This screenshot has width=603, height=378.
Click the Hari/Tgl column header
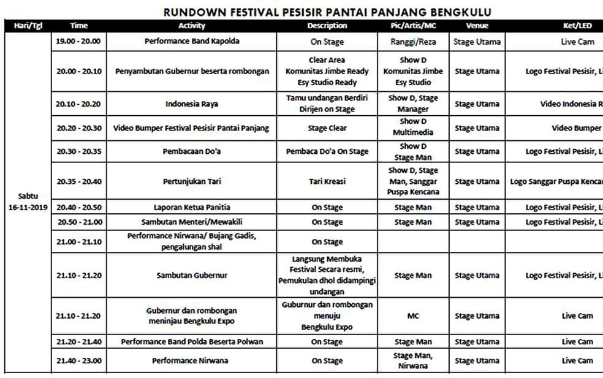pos(26,26)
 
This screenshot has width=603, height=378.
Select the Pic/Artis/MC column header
pos(413,26)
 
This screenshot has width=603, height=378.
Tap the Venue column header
pos(477,26)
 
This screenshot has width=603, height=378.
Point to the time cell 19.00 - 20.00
pos(79,42)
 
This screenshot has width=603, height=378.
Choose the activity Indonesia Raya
pos(192,104)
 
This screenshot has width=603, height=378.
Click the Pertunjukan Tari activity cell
pos(192,181)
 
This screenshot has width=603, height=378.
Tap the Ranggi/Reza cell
pos(413,42)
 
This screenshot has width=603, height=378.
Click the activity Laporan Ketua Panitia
pos(192,207)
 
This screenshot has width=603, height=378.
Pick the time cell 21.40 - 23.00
pos(79,361)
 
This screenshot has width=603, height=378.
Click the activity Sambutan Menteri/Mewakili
pos(192,222)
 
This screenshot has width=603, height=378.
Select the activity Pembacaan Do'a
pos(192,151)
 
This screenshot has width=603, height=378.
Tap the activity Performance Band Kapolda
pos(192,42)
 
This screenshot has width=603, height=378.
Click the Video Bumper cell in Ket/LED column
pos(577,128)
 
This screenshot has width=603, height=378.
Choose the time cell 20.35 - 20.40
pos(79,181)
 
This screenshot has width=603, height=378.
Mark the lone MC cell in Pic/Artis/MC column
pos(413,316)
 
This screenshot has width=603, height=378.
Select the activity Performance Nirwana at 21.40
pos(192,361)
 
